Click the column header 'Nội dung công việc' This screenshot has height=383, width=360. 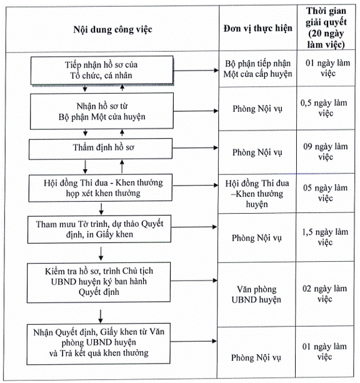pos(112,29)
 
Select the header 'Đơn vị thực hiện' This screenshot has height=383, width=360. pos(258,28)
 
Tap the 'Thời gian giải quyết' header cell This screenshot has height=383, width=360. pos(326,27)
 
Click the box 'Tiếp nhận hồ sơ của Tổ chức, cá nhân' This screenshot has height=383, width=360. pos(102,71)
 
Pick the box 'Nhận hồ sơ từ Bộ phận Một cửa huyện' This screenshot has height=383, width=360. pos(102,111)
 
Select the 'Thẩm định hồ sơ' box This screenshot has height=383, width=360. pos(101,149)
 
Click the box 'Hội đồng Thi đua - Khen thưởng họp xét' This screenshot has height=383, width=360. pos(100,188)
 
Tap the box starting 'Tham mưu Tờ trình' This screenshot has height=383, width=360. pos(99,229)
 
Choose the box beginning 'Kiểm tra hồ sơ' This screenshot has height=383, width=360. pos(99,282)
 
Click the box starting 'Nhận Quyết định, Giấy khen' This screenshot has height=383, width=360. pos(98,344)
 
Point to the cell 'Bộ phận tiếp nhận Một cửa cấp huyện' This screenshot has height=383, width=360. pos(258,69)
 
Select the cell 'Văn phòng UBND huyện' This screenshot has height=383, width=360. pos(256,294)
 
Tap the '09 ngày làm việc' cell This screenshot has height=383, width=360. pos(325,152)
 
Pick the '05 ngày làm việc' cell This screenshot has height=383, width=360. pos(325,193)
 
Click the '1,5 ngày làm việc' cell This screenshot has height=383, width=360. pos(325,237)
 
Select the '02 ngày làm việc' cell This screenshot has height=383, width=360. pos(324,294)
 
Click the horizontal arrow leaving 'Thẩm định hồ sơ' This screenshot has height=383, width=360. pos(195,148)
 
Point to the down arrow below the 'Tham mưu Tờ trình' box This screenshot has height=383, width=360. pos(101,253)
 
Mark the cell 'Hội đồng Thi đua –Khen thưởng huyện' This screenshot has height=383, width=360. pos(257,194)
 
